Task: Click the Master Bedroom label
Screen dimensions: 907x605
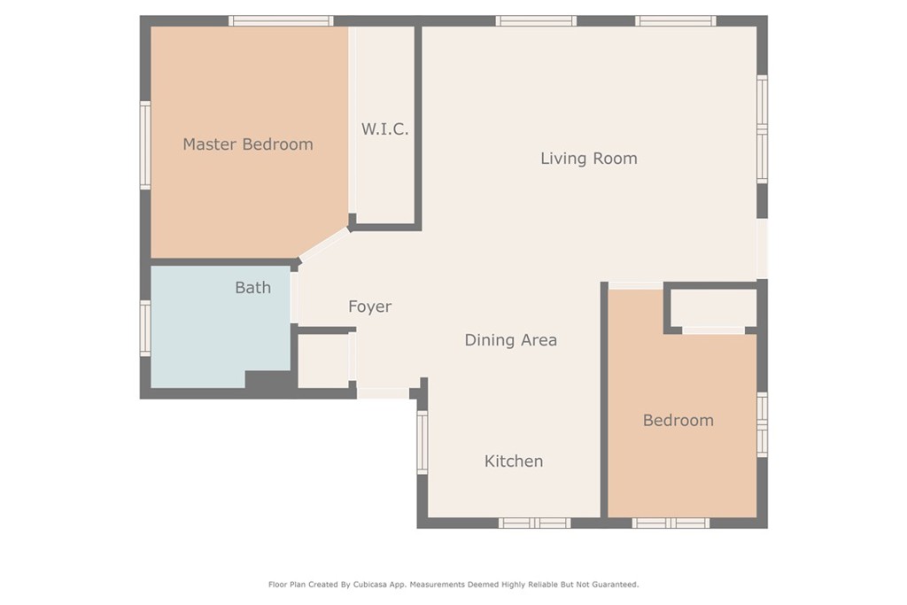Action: (248, 144)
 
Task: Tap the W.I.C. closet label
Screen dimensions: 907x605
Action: (384, 128)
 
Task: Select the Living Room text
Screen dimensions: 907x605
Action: (589, 159)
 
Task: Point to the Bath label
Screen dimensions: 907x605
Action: (252, 288)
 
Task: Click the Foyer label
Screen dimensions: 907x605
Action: (369, 306)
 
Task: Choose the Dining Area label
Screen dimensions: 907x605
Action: (511, 340)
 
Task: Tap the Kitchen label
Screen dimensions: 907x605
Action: (514, 461)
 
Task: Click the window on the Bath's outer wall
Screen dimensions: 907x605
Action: (145, 328)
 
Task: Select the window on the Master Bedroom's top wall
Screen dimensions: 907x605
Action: (281, 21)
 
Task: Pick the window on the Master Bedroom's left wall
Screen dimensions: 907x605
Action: (145, 145)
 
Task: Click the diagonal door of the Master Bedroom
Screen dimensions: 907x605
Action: (324, 244)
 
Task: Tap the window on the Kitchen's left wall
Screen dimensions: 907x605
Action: (422, 443)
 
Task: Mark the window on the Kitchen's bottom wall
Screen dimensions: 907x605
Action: (534, 523)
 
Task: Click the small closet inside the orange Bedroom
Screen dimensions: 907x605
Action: (714, 308)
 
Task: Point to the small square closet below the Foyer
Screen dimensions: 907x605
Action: (322, 361)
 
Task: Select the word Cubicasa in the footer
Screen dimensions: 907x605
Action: (369, 585)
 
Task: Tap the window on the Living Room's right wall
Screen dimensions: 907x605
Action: (763, 129)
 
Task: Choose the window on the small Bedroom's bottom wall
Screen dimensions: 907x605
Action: (671, 523)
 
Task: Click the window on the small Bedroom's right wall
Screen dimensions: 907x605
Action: (763, 424)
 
